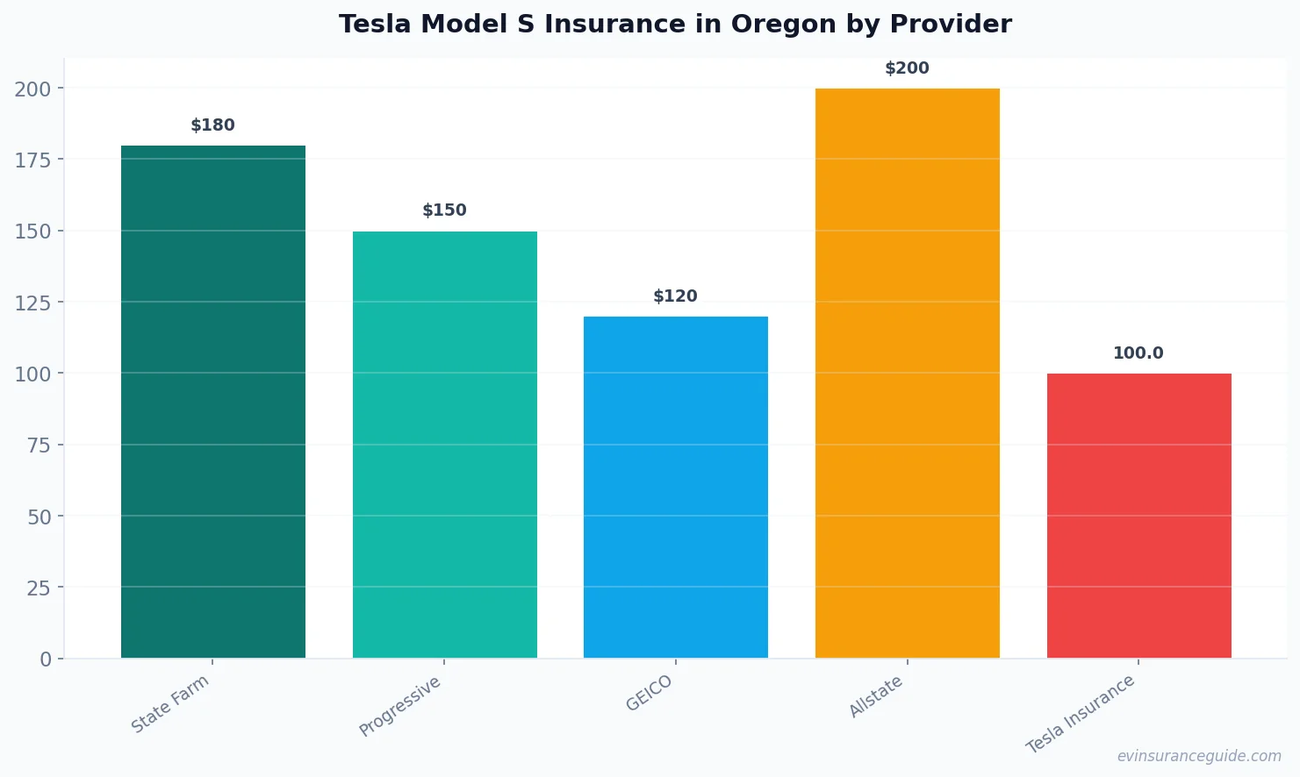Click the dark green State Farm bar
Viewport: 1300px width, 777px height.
pos(213,402)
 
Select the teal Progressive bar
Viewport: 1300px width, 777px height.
pos(444,445)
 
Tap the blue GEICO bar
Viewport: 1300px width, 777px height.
pos(675,487)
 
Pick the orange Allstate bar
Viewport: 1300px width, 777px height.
pos(907,373)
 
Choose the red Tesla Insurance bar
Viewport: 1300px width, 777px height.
pos(1138,516)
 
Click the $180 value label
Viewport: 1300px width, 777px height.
pos(213,125)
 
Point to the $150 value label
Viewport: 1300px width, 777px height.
pos(444,210)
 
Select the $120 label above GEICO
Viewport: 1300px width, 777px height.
pos(675,296)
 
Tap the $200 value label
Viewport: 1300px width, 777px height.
pos(907,68)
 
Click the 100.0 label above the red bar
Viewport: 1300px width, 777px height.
pos(1138,353)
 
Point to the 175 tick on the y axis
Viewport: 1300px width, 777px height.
pos(32,160)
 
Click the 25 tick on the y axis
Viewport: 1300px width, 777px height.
pos(39,588)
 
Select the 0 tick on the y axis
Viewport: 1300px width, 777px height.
pos(46,659)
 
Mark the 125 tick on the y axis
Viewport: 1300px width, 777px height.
pos(32,303)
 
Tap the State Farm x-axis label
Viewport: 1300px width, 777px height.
pos(170,704)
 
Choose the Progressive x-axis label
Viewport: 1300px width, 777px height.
pos(400,707)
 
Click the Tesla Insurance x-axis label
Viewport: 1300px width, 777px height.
pos(1081,715)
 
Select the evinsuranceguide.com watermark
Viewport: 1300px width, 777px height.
pos(1199,756)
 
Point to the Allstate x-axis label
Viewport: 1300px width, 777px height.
pos(876,697)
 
